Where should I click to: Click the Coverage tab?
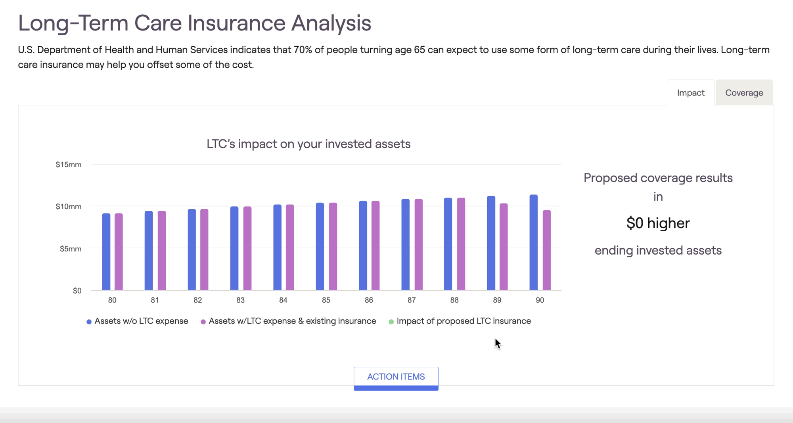coord(744,93)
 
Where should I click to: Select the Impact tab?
coord(691,93)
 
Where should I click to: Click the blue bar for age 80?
coord(106,252)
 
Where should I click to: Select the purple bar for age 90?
coord(547,250)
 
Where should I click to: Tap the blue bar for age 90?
coord(534,242)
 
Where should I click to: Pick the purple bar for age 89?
coord(504,247)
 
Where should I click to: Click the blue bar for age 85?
coord(320,246)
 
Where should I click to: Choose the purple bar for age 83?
coord(247,248)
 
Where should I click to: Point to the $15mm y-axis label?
coord(69,164)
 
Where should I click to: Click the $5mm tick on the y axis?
coord(71,249)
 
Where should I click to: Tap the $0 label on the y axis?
coord(77,291)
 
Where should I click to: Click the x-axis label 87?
coord(412,300)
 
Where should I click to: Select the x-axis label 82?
coord(198,300)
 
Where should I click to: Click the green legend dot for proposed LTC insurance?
coord(391,322)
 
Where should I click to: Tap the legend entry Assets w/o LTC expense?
coord(137,321)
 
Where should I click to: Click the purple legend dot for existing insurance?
coord(203,322)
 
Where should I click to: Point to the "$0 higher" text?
coord(658,223)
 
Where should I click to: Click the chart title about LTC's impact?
coord(308,144)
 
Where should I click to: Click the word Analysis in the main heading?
coord(331,23)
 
